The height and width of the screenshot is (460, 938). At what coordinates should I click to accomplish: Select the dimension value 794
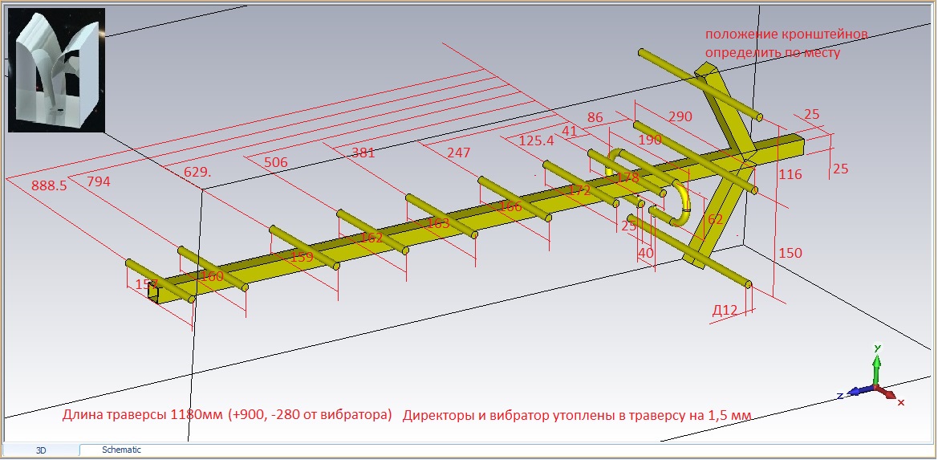pyautogui.click(x=99, y=181)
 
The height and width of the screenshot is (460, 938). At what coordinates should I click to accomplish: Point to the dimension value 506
pyautogui.click(x=275, y=162)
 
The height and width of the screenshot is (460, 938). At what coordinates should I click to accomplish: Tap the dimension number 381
pyautogui.click(x=363, y=153)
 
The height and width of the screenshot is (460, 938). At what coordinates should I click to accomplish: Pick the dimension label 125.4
pyautogui.click(x=536, y=140)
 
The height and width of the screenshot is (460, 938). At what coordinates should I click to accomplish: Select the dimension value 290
pyautogui.click(x=680, y=117)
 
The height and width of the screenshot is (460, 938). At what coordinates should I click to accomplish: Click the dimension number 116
pyautogui.click(x=790, y=174)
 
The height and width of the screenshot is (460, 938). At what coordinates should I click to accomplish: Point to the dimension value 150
pyautogui.click(x=790, y=253)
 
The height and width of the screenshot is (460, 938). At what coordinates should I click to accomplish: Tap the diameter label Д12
pyautogui.click(x=725, y=310)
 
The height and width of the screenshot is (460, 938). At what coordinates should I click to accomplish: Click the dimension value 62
pyautogui.click(x=716, y=218)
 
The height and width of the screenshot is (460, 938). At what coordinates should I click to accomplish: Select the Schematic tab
pyautogui.click(x=121, y=450)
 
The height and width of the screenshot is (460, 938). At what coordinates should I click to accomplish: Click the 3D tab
pyautogui.click(x=42, y=451)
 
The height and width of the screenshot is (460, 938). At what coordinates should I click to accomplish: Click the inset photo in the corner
pyautogui.click(x=56, y=71)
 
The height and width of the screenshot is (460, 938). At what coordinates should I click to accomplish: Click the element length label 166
pyautogui.click(x=510, y=207)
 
